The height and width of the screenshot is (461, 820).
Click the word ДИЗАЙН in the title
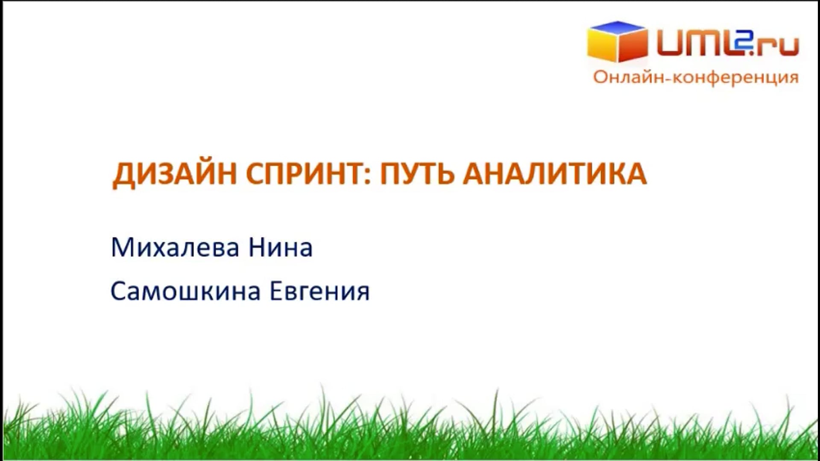175,174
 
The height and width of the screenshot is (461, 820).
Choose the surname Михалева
175,247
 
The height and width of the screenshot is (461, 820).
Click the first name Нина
281,247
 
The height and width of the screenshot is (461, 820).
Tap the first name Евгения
319,292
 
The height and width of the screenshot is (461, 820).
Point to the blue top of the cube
618,28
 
